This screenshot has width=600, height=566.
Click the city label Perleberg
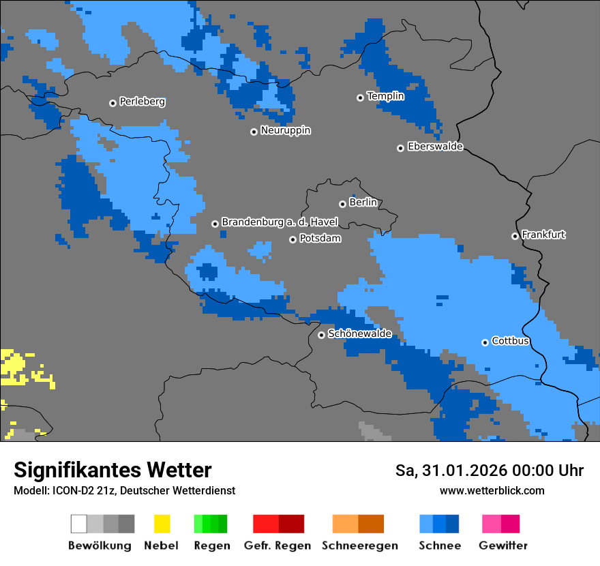pyautogui.click(x=142, y=102)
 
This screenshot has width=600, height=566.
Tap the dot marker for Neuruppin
pyautogui.click(x=254, y=132)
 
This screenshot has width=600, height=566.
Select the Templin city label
pyautogui.click(x=385, y=96)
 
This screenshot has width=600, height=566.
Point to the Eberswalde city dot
pyautogui.click(x=400, y=148)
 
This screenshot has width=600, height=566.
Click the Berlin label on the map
pyautogui.click(x=363, y=203)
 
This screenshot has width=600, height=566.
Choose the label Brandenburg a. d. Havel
pyautogui.click(x=280, y=222)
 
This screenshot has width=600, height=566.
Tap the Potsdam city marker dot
pyautogui.click(x=292, y=239)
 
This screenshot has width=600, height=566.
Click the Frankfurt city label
pyautogui.click(x=543, y=235)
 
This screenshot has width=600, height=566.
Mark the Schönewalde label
pyautogui.click(x=359, y=333)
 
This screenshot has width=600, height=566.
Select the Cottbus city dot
pyautogui.click(x=485, y=342)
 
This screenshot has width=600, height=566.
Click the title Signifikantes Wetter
pyautogui.click(x=112, y=470)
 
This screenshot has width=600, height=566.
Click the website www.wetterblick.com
pyautogui.click(x=492, y=490)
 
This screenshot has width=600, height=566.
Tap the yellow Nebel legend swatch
pyautogui.click(x=162, y=524)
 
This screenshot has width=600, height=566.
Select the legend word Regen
pyautogui.click(x=210, y=546)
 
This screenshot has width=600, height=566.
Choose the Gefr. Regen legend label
pyautogui.click(x=277, y=546)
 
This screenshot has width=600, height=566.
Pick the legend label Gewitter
pyautogui.click(x=503, y=546)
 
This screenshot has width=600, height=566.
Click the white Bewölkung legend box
pyautogui.click(x=79, y=524)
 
